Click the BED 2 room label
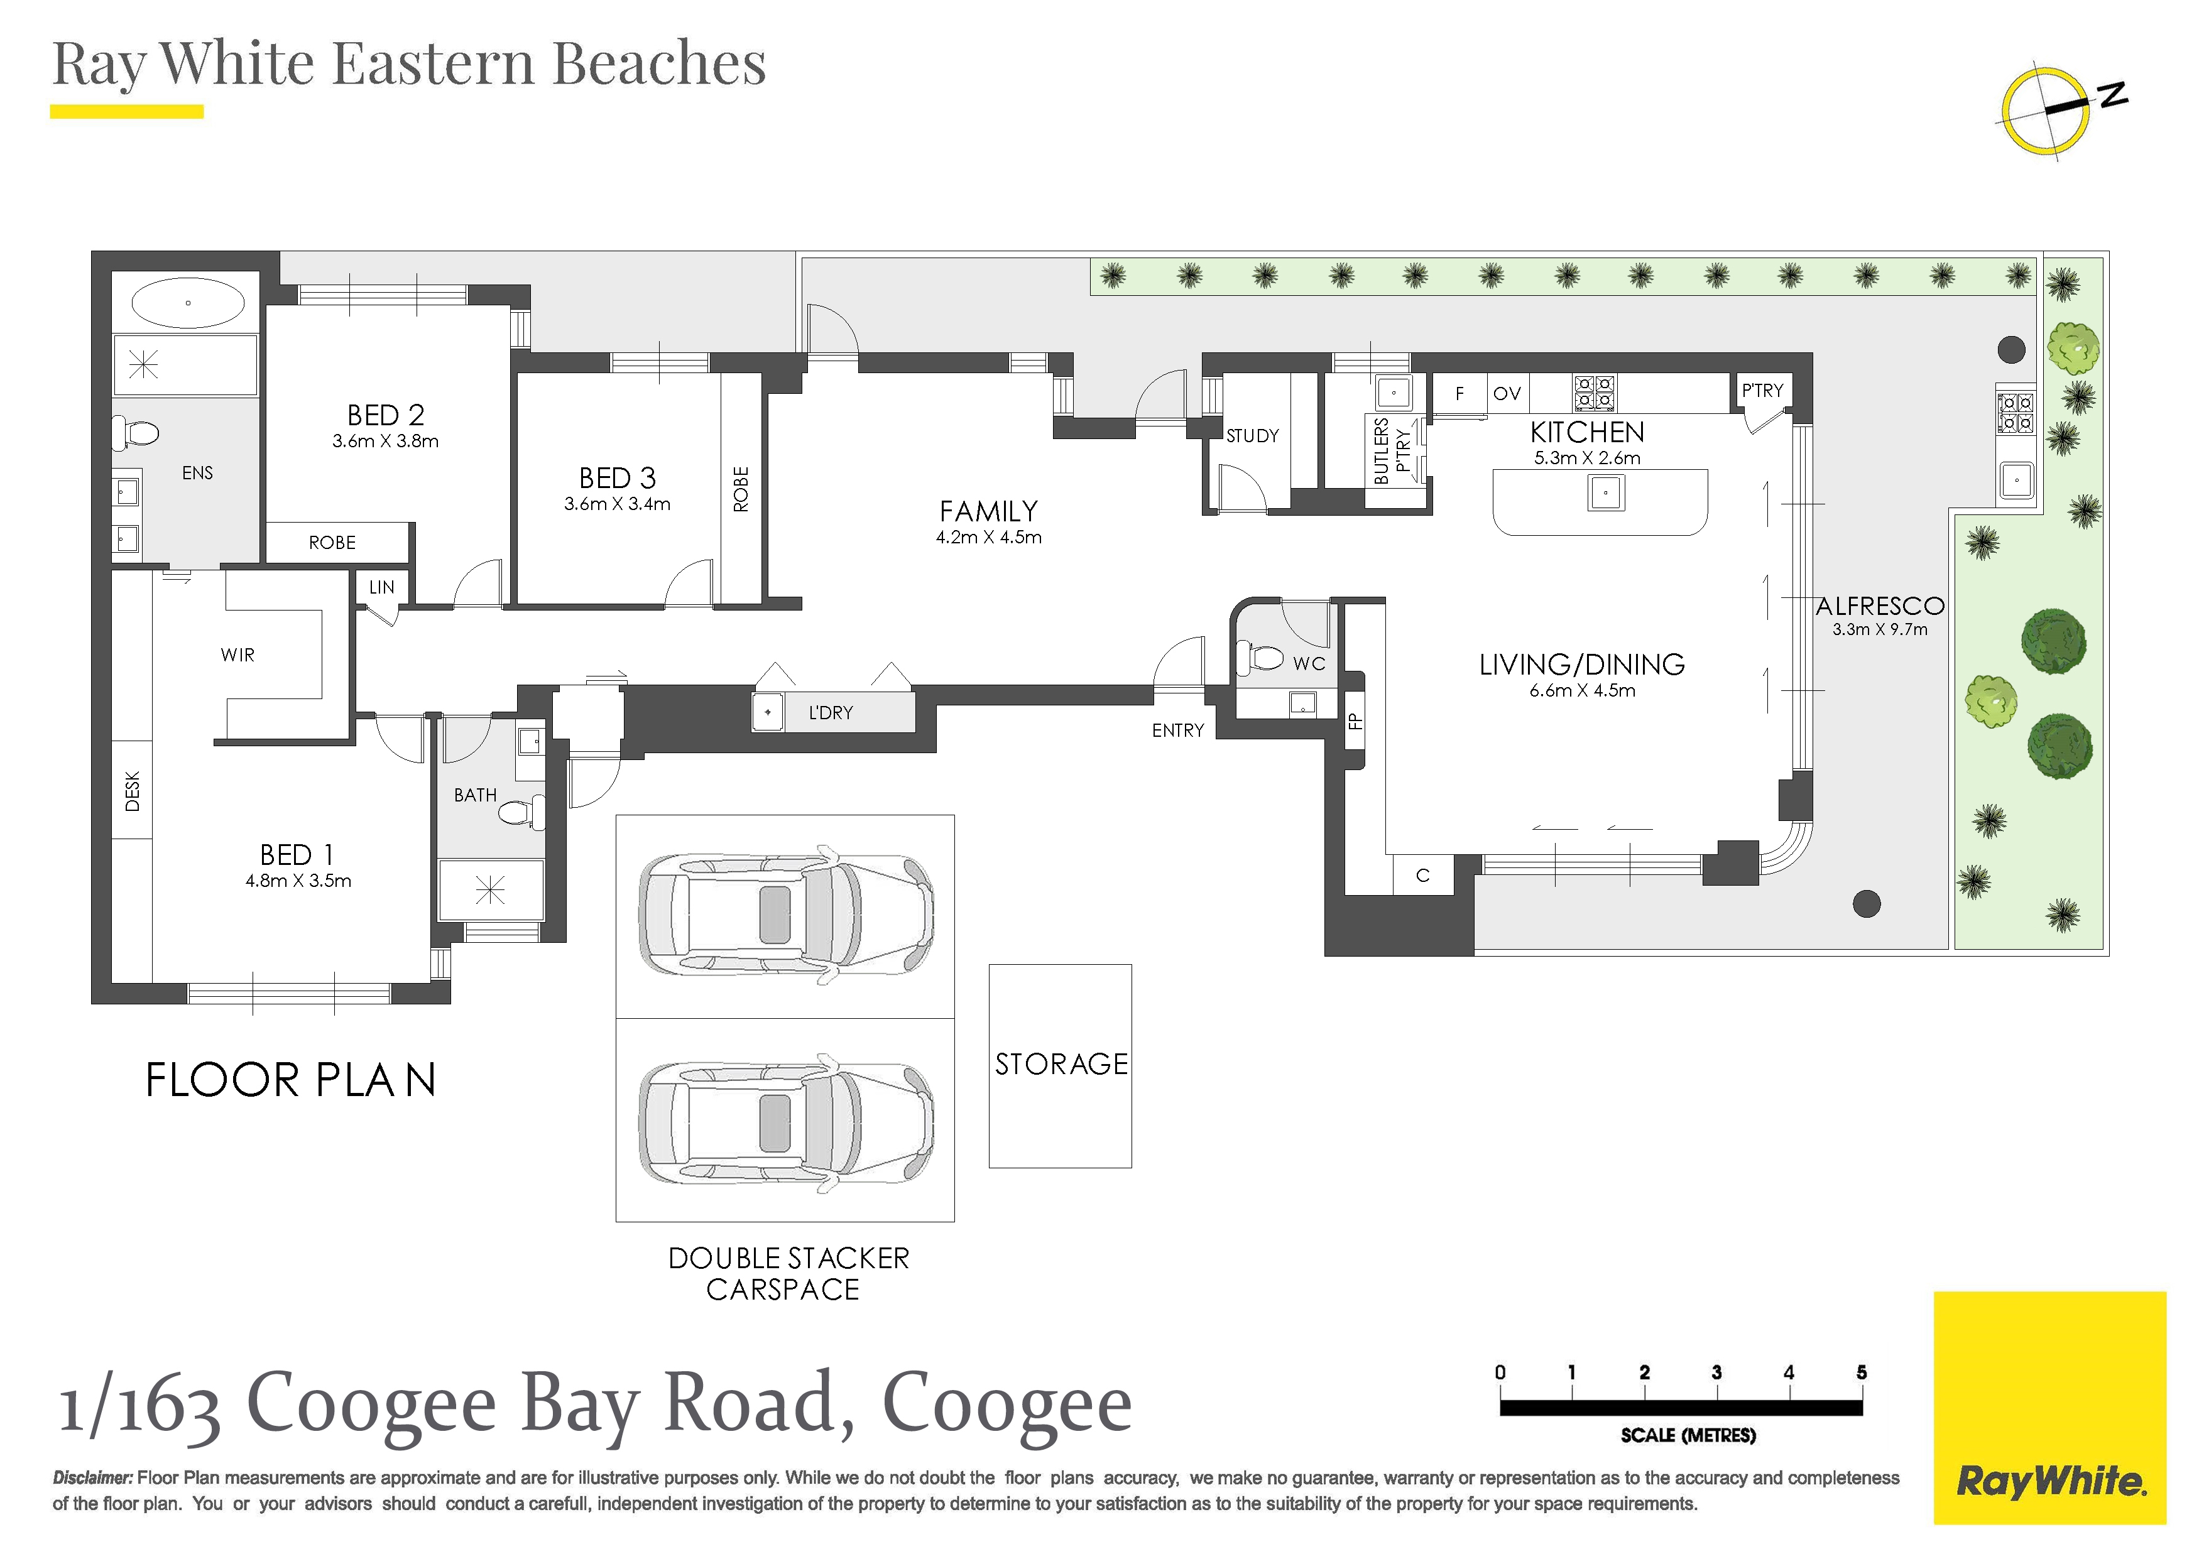tap(386, 415)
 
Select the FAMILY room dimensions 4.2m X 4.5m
tap(989, 538)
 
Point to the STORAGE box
tap(1061, 1065)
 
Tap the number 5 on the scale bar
tap(1862, 1373)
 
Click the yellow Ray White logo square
tap(2049, 1408)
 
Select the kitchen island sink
tap(1606, 494)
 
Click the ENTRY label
tap(1178, 731)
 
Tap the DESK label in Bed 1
tap(133, 791)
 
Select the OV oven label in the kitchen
tap(1507, 394)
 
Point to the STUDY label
tap(1253, 436)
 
